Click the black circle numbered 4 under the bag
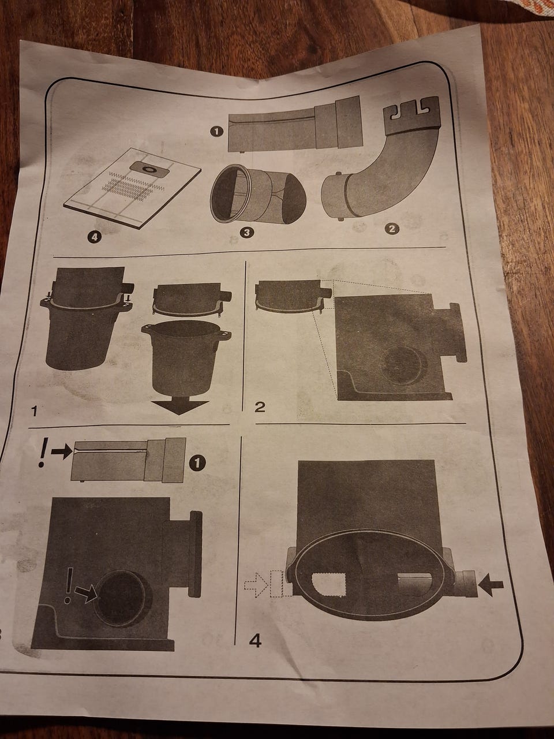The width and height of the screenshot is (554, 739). (x=94, y=237)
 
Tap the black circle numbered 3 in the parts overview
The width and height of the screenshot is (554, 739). (x=246, y=233)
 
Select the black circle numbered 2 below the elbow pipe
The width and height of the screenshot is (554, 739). (x=392, y=229)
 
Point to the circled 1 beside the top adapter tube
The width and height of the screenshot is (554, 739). (x=216, y=131)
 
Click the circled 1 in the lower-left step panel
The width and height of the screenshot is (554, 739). (x=198, y=464)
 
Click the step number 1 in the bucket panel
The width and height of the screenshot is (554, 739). (x=33, y=412)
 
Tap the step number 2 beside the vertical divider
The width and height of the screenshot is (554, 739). (x=260, y=407)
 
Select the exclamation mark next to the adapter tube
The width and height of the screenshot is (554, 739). (x=42, y=452)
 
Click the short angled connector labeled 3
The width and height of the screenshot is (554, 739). (x=258, y=194)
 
